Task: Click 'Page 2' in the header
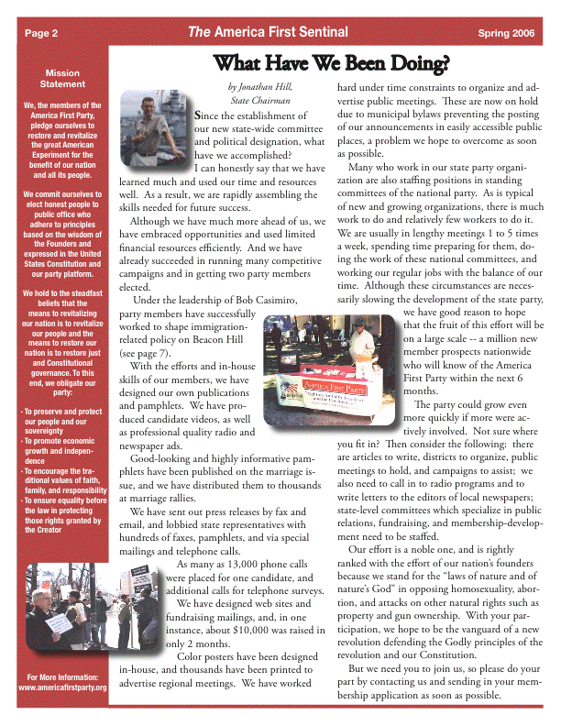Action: [x=41, y=33]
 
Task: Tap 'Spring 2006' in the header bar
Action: [x=506, y=33]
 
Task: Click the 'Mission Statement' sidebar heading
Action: [x=62, y=78]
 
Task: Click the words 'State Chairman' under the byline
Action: [x=260, y=100]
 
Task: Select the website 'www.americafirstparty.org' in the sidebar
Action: [x=62, y=687]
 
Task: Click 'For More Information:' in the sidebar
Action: [x=62, y=676]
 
